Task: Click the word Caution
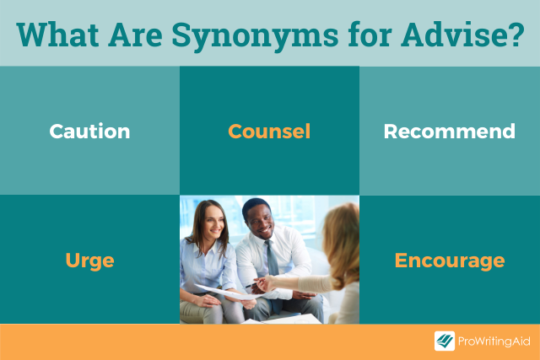(89, 132)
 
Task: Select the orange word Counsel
(269, 132)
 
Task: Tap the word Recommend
(450, 132)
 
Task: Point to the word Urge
(90, 261)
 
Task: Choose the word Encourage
(450, 261)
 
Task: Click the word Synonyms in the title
(255, 35)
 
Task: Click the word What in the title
(57, 35)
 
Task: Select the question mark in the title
(516, 35)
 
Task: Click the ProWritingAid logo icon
(445, 341)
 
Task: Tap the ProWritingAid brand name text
(494, 341)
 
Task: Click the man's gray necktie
(273, 262)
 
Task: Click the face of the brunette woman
(213, 221)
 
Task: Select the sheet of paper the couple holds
(227, 293)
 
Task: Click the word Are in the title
(135, 35)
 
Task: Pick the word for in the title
(370, 35)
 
